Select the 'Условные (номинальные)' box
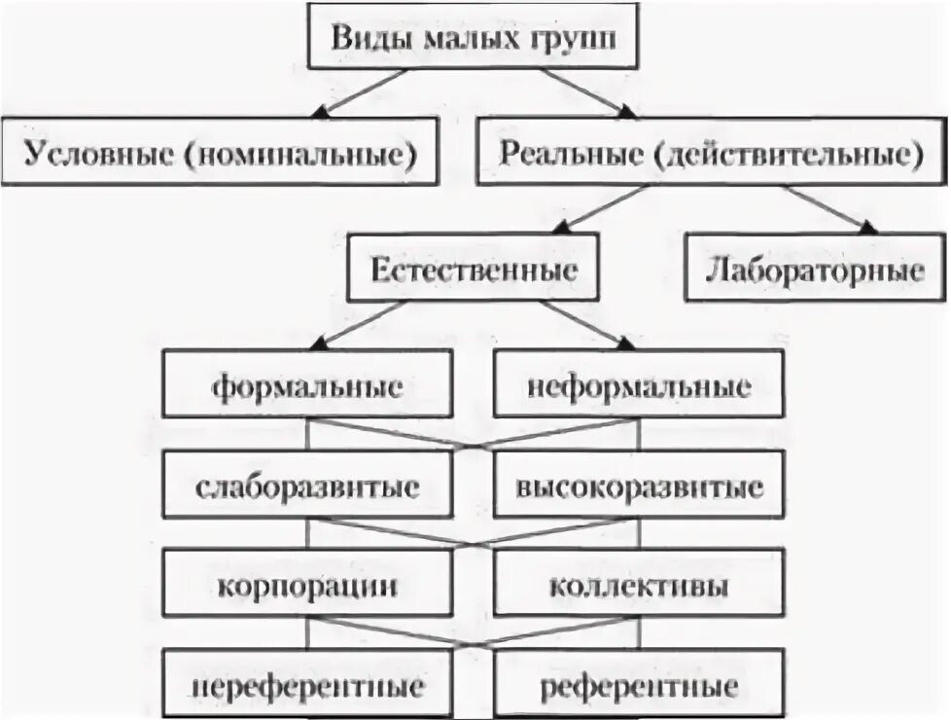pyautogui.click(x=220, y=152)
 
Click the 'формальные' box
pyautogui.click(x=307, y=386)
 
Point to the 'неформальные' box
pyautogui.click(x=639, y=386)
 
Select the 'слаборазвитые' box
pyautogui.click(x=307, y=486)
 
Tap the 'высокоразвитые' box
pyautogui.click(x=639, y=486)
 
